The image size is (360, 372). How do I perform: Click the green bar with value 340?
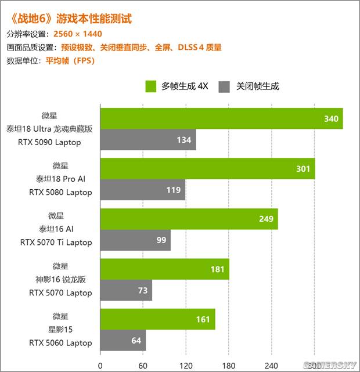click(x=221, y=118)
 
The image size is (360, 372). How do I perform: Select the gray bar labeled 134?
click(x=148, y=140)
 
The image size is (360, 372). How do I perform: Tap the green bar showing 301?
click(x=207, y=169)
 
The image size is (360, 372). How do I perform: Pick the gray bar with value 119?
click(x=143, y=190)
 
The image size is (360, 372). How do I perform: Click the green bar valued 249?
click(x=189, y=219)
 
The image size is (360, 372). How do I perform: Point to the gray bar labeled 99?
click(x=135, y=240)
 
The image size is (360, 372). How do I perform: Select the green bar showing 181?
click(x=165, y=269)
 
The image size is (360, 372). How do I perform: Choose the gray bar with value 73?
click(x=126, y=290)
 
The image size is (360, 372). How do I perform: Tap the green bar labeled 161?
click(x=158, y=319)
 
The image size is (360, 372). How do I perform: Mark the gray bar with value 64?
click(x=123, y=340)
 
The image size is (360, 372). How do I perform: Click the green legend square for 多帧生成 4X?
click(x=151, y=86)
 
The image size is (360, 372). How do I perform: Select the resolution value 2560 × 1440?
click(x=77, y=34)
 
